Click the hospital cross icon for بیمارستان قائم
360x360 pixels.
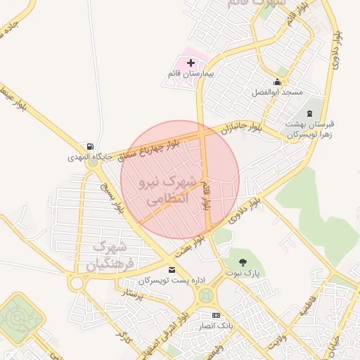coord(191,63)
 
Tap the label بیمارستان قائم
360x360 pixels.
coord(191,73)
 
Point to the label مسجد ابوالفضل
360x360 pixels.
coord(278,93)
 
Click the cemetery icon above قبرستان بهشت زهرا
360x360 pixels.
coord(309,113)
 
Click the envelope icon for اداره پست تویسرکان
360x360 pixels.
coord(172,269)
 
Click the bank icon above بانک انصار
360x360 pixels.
coord(215,315)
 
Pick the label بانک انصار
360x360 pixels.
coord(215,326)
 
